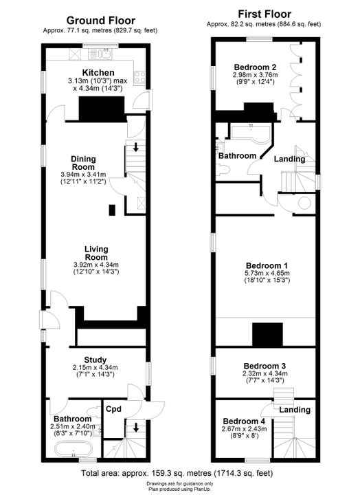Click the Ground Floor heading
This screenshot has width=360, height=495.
pyautogui.click(x=100, y=21)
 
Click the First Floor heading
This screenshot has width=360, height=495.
pyautogui.click(x=265, y=14)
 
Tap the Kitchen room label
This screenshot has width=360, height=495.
pyautogui.click(x=98, y=73)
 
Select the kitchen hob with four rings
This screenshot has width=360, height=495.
pyautogui.click(x=140, y=77)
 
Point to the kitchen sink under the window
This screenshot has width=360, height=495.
pyautogui.click(x=100, y=54)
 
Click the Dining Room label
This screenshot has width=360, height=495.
pyautogui.click(x=83, y=163)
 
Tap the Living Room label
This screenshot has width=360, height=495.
pyautogui.click(x=96, y=253)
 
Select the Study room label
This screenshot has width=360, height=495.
pyautogui.click(x=95, y=360)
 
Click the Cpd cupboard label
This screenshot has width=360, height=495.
pyautogui.click(x=113, y=409)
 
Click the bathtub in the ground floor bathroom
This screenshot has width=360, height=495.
pyautogui.click(x=74, y=448)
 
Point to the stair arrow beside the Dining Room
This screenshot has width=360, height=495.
pyautogui.click(x=135, y=147)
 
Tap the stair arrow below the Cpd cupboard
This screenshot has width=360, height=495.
pyautogui.click(x=136, y=428)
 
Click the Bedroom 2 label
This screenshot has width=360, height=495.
pyautogui.click(x=256, y=67)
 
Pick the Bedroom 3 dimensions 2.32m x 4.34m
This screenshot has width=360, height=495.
pyautogui.click(x=266, y=374)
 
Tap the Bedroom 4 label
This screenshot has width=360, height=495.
pyautogui.click(x=244, y=421)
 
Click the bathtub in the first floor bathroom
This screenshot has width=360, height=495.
pyautogui.click(x=251, y=133)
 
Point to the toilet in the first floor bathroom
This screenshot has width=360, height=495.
pyautogui.click(x=224, y=170)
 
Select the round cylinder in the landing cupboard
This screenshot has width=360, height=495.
pyautogui.click(x=304, y=203)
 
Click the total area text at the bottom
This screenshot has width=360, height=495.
pyautogui.click(x=177, y=473)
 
